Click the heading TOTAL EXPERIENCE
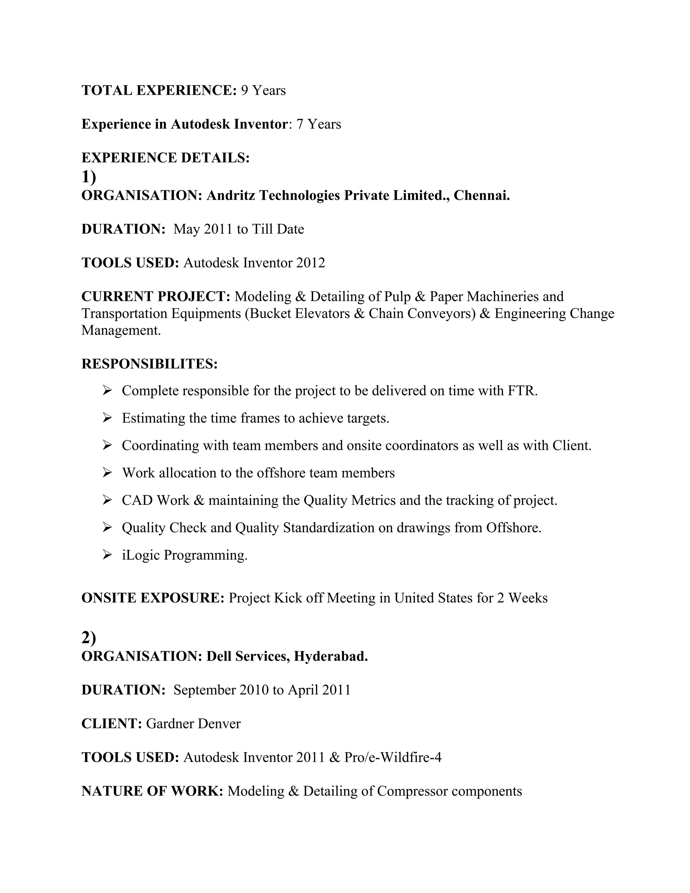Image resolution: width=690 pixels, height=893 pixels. (x=159, y=90)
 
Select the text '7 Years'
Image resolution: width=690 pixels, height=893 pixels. (x=319, y=124)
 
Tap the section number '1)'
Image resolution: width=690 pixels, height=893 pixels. (x=89, y=177)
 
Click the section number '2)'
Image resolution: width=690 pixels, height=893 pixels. (x=89, y=638)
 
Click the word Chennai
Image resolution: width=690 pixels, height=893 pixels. (x=481, y=195)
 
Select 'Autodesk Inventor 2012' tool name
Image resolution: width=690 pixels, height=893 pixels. (x=254, y=263)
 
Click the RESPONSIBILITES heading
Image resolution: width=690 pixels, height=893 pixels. (x=150, y=364)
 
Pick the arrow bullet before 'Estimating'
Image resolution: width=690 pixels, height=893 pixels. (x=107, y=418)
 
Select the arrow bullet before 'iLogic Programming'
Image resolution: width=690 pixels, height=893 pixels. (x=107, y=555)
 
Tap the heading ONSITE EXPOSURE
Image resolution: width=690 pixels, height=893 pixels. (x=153, y=598)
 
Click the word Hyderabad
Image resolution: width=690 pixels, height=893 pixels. (x=331, y=656)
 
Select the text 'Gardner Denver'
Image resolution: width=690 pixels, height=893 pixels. (x=193, y=724)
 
